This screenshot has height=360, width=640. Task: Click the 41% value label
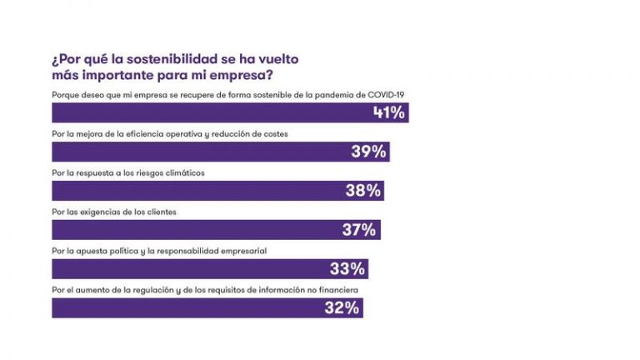click(x=389, y=112)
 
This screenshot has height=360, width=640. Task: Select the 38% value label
click(x=363, y=191)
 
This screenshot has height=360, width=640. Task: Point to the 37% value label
click(x=359, y=230)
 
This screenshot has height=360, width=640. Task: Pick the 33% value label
click(x=347, y=269)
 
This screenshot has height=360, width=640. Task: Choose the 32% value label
click(x=342, y=308)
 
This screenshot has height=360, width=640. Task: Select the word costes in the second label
click(x=276, y=133)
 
